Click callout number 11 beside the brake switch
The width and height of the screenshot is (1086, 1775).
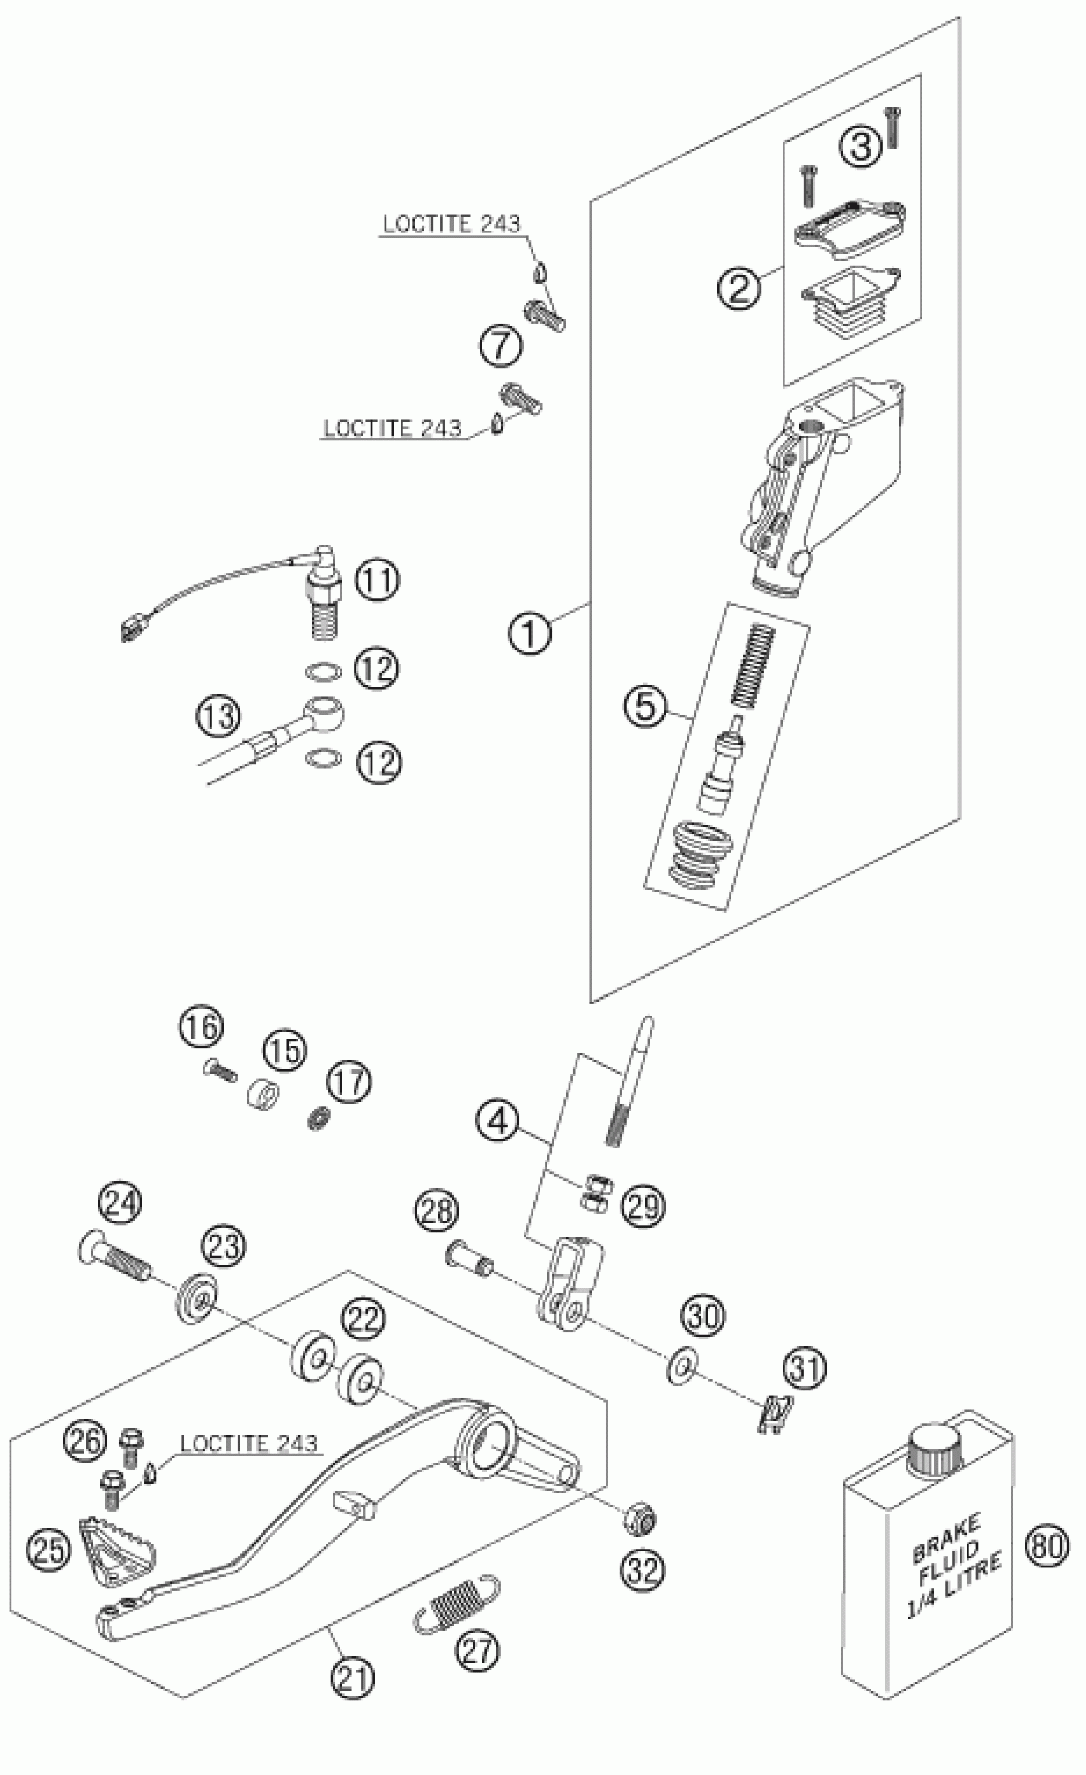(x=378, y=581)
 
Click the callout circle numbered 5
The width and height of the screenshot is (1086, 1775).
(x=646, y=705)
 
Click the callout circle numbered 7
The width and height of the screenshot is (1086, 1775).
(x=501, y=345)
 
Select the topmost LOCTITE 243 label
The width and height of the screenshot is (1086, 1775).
(x=450, y=224)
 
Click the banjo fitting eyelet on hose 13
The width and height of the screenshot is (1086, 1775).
(x=324, y=713)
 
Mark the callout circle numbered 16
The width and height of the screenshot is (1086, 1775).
(x=201, y=1027)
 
